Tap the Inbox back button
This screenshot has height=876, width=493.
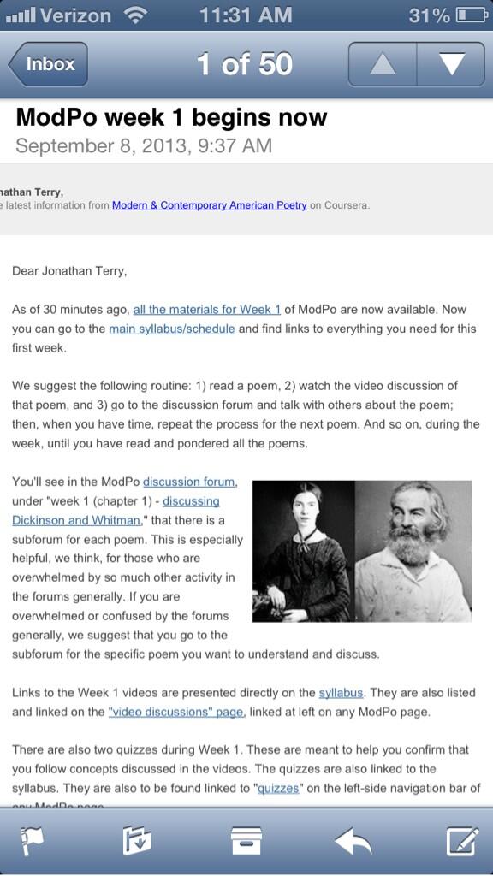point(48,64)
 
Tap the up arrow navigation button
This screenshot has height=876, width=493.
point(382,64)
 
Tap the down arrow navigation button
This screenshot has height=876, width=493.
point(450,64)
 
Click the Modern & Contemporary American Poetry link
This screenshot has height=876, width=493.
point(209,205)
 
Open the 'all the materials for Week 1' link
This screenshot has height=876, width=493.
point(206,309)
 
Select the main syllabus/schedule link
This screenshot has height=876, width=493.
point(172,328)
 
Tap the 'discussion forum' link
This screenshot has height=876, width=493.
point(189,482)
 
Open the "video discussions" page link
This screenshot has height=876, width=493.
point(176,712)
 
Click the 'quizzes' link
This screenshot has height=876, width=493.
point(278,788)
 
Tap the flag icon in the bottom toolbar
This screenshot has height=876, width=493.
point(32,841)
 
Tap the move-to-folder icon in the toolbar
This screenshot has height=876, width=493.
point(137,841)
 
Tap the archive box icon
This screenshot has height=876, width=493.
point(246,841)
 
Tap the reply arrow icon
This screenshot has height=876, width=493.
point(353,841)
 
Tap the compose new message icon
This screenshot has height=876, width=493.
point(462,841)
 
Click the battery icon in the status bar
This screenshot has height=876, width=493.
point(472,15)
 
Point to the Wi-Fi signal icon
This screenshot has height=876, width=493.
point(134,15)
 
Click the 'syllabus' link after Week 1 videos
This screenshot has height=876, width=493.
point(341,692)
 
